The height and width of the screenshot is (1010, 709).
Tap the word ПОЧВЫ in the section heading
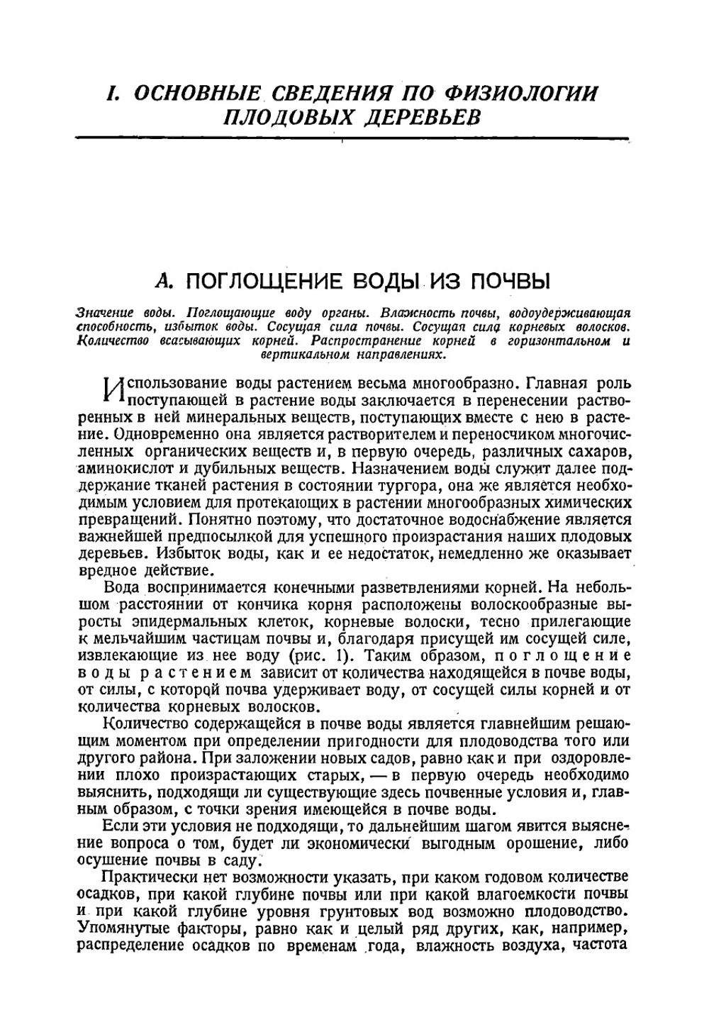click(x=511, y=282)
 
